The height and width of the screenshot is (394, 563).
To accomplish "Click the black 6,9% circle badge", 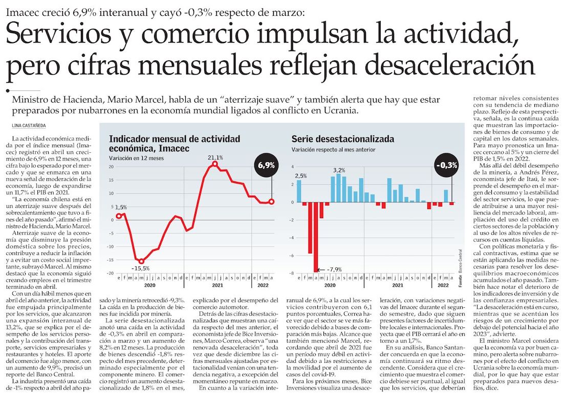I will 266,165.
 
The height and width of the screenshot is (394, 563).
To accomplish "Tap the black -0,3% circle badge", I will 446,165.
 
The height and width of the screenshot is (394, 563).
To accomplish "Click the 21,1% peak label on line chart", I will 215,157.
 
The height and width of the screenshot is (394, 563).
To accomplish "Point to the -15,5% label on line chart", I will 140,268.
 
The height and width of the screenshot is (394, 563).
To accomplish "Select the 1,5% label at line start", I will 121,207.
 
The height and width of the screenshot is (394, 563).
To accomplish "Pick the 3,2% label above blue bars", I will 339,170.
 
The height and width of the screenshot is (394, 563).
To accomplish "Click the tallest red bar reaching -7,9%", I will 316,237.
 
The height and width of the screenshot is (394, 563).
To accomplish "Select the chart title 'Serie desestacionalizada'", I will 342,138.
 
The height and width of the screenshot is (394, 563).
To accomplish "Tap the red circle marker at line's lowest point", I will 141,261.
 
